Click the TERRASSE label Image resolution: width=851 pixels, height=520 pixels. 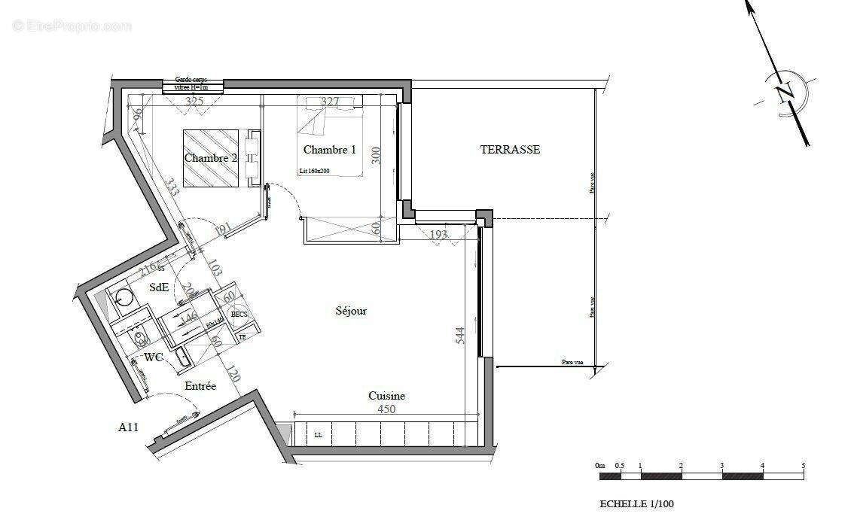[510, 150]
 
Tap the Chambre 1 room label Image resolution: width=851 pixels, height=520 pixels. [329, 150]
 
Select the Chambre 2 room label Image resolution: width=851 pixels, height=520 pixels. [211, 158]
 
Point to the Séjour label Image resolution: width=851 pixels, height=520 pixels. [351, 310]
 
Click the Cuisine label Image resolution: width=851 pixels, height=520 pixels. [386, 396]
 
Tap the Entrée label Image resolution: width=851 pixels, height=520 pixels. [200, 386]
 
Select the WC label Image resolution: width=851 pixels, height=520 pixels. [154, 357]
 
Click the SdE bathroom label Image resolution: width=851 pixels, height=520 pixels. [159, 287]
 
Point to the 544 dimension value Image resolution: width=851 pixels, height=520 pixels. [461, 336]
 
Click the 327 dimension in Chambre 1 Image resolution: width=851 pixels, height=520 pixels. [330, 102]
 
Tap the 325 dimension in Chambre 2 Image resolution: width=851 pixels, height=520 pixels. [194, 102]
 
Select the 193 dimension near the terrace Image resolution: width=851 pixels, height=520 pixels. [438, 235]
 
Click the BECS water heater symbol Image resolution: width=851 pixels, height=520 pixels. [239, 315]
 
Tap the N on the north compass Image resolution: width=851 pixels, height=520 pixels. [785, 93]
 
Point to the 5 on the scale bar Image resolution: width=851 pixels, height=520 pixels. [803, 467]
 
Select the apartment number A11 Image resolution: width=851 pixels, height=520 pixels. [128, 427]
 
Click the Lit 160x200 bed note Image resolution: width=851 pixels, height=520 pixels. [314, 171]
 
